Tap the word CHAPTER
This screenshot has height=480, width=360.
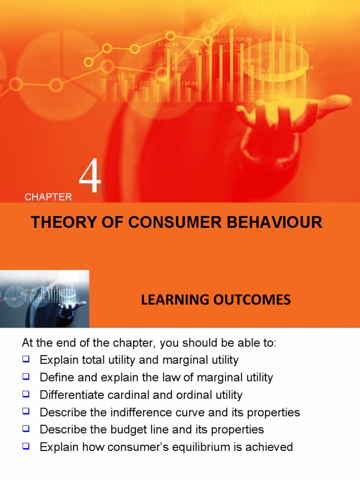coord(48,197)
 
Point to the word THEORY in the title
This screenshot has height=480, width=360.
coord(59,222)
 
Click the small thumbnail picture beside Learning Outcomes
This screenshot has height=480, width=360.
coord(45,299)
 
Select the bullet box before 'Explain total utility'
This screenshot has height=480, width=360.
coord(26,360)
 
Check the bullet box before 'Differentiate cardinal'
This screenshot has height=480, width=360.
coord(26,394)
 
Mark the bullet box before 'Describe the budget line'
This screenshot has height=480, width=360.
coord(26,429)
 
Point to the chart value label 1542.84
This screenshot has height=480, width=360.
coord(168,45)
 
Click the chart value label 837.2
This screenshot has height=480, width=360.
coord(178,68)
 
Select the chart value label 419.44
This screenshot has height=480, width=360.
coord(189,83)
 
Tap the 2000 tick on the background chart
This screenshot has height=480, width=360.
coord(87,34)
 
